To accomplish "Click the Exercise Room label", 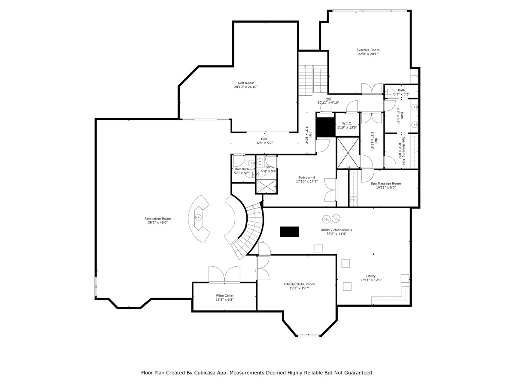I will point(368,50).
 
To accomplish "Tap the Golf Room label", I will point(246,83).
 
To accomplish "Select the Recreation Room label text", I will point(158,219).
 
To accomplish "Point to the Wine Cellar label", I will point(224,296).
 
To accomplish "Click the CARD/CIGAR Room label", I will point(299,284).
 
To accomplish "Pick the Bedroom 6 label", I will point(307,178).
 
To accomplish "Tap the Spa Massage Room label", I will point(386,183).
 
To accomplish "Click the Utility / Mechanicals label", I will point(336,230).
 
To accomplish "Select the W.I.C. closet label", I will point(347,124).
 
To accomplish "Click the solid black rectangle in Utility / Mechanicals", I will point(289,232).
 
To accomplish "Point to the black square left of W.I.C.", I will point(325,127).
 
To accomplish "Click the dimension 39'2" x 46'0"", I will point(158,223).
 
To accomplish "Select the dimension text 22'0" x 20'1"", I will point(368,54).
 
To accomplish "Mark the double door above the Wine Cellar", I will point(224,274).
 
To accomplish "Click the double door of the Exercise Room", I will point(372,88).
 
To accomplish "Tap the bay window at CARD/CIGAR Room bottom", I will point(309,335).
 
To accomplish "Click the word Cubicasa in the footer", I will point(199,373).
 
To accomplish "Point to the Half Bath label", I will point(242,169).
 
